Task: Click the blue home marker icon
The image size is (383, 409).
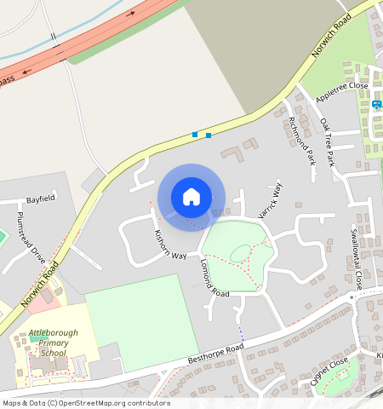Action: (191, 197)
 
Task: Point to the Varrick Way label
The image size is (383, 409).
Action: (270, 200)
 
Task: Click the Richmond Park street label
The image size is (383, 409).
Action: (301, 140)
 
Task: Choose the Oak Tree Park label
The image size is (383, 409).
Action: (327, 141)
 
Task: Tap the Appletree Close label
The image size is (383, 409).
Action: (341, 93)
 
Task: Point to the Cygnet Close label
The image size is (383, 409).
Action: (329, 372)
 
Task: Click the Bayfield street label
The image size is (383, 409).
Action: (40, 199)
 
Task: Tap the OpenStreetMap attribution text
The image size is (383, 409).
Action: (85, 403)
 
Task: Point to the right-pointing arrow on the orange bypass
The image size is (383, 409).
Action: (132, 14)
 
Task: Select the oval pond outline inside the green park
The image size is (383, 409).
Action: (241, 252)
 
